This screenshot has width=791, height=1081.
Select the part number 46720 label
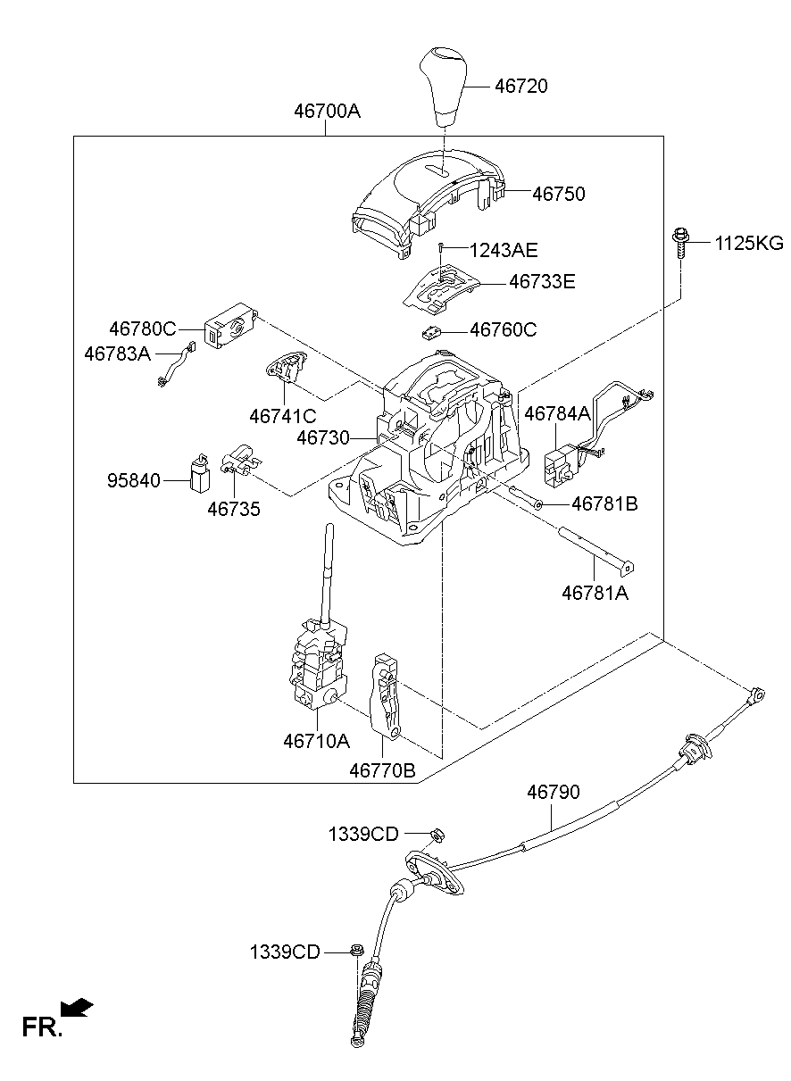[521, 87]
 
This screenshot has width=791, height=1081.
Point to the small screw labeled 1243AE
[441, 247]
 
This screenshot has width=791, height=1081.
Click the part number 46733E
[542, 282]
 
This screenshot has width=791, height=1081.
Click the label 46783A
[118, 353]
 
